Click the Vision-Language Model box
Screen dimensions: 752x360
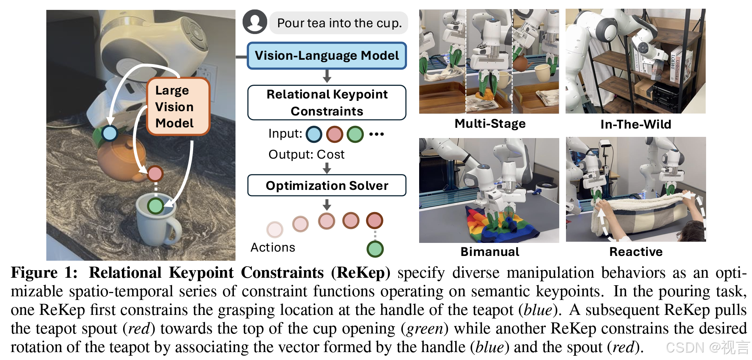[x=327, y=56]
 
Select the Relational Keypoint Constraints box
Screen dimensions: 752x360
[x=327, y=102]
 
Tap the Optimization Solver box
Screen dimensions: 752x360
[x=327, y=186]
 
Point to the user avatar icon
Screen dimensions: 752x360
[x=254, y=22]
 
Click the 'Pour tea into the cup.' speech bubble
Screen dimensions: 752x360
[x=339, y=23]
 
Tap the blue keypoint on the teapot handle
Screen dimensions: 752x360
[x=110, y=133]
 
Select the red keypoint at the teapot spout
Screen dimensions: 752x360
[x=155, y=173]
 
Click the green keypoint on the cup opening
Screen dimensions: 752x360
[x=156, y=206]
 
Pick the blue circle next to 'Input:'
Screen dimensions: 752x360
[x=314, y=134]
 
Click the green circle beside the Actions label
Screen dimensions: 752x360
[x=375, y=249]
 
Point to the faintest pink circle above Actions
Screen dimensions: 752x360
[x=275, y=229]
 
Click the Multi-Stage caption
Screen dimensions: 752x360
[x=490, y=124]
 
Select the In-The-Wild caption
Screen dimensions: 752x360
[x=636, y=124]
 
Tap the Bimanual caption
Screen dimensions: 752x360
[x=490, y=252]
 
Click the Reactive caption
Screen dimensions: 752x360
[x=636, y=252]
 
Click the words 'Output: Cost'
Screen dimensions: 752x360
[x=306, y=154]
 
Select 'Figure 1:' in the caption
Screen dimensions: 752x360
[x=44, y=273]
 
